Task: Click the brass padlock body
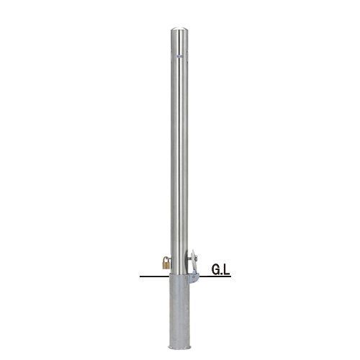(x=166, y=265)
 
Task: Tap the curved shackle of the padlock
(x=166, y=258)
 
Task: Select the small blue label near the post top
(x=179, y=56)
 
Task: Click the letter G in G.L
(x=216, y=269)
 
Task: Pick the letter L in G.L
(x=227, y=269)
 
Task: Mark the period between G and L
(x=222, y=274)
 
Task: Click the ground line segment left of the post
(x=155, y=276)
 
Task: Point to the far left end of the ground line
(x=140, y=276)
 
